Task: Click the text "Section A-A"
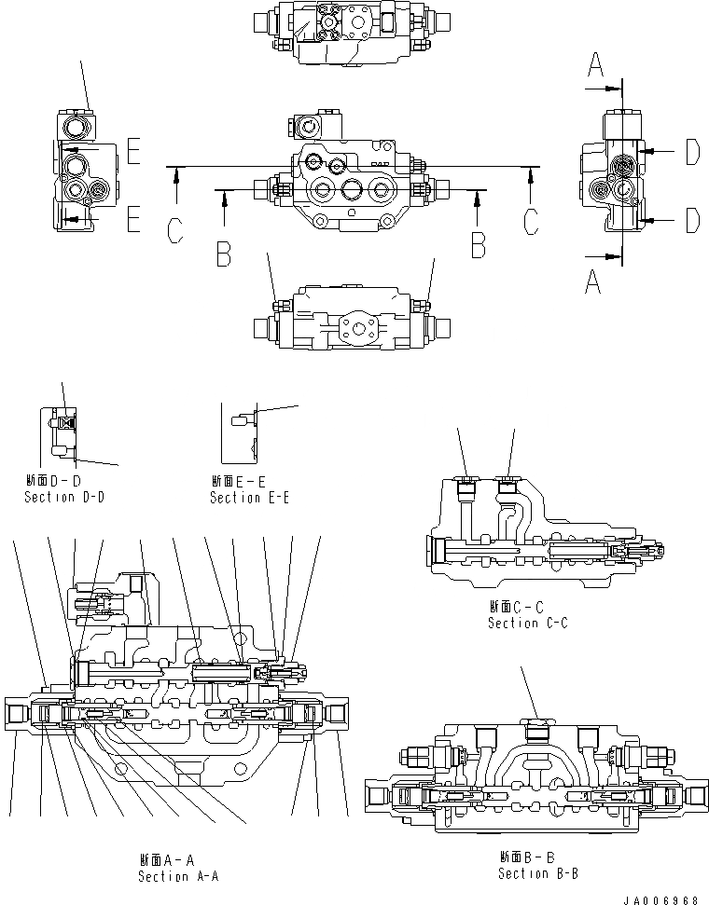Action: [177, 876]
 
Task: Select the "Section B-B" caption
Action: [537, 873]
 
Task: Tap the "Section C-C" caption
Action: [527, 623]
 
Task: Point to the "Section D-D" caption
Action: [63, 497]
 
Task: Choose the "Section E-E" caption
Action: [249, 498]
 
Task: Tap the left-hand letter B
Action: [222, 254]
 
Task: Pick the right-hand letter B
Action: [478, 244]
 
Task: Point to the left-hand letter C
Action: [175, 230]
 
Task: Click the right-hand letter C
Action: [530, 221]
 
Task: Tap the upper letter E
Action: [133, 152]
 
